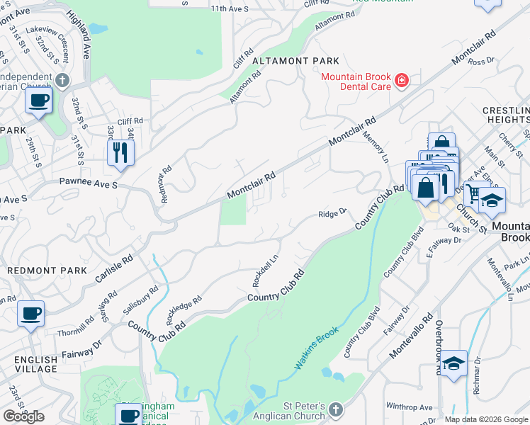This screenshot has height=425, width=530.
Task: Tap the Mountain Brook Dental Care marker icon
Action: click(401, 81)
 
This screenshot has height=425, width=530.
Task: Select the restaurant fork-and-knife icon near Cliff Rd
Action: click(120, 152)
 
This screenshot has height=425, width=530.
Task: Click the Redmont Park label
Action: click(47, 271)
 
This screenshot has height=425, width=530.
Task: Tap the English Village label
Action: click(35, 364)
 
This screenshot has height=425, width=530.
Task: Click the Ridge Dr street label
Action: click(332, 213)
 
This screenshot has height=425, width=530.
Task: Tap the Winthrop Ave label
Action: click(409, 407)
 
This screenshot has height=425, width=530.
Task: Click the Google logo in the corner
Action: click(23, 416)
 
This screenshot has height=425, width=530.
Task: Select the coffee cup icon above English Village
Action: click(30, 313)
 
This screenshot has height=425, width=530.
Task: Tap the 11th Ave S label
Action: click(230, 8)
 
